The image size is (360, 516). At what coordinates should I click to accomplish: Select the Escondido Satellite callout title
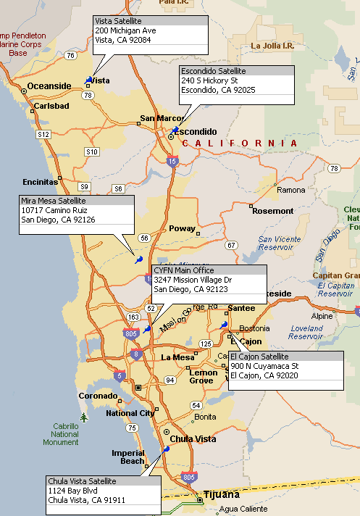tap(213, 71)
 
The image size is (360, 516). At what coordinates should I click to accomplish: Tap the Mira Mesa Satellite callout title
tap(54, 200)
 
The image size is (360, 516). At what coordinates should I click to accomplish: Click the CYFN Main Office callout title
tap(184, 270)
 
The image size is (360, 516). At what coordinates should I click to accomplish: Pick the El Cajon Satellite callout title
tap(259, 357)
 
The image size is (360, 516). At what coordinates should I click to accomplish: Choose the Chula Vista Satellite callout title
tap(82, 481)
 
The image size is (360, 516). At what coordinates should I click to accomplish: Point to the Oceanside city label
tap(49, 86)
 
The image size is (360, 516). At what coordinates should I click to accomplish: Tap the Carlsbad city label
tap(51, 106)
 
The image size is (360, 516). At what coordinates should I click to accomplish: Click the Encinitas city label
tap(40, 182)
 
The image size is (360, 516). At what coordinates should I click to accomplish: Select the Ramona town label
tap(291, 190)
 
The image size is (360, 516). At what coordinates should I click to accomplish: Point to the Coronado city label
tap(97, 396)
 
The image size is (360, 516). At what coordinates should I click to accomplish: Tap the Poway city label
tap(182, 228)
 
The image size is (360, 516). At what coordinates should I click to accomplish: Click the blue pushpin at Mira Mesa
tap(138, 259)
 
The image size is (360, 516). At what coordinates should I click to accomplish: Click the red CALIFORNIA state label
tap(239, 143)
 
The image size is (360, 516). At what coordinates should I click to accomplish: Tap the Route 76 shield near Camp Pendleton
tap(70, 55)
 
